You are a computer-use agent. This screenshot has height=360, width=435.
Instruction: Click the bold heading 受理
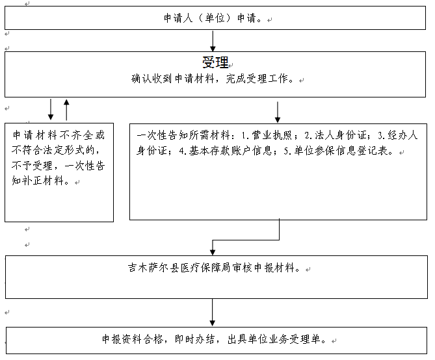215,62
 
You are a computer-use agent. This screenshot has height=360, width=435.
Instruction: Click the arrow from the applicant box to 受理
213,41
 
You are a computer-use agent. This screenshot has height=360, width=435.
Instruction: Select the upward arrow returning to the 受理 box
66,110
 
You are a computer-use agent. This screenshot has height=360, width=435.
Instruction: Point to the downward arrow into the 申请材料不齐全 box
51,109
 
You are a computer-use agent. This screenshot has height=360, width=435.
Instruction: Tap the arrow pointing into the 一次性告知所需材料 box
278,112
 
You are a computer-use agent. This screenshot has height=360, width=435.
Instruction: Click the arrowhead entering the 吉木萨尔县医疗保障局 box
213,252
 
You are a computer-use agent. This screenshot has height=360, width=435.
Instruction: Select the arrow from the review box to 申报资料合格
212,313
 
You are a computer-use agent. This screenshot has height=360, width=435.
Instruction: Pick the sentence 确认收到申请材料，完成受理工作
212,79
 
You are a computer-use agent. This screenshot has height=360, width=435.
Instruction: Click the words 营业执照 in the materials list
271,135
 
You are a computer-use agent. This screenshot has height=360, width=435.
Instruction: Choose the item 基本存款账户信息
230,151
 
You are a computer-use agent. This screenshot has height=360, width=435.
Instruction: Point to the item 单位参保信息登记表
341,151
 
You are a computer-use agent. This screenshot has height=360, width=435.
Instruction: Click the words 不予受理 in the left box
32,166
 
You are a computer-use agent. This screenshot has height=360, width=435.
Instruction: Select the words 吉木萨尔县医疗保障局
178,268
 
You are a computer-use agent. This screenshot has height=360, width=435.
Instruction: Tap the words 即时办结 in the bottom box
194,339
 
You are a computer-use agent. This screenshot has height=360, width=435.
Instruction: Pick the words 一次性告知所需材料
183,135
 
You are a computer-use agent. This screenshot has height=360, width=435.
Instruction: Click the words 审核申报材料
263,268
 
